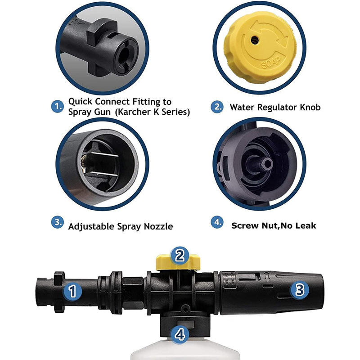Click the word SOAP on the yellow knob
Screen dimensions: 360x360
click(x=271, y=63)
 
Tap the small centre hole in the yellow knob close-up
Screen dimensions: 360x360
click(x=255, y=40)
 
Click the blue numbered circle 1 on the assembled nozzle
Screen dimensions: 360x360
click(x=72, y=291)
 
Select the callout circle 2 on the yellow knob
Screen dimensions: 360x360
click(x=180, y=256)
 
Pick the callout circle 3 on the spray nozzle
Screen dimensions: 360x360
click(x=300, y=290)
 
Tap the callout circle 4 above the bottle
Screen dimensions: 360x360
click(x=180, y=334)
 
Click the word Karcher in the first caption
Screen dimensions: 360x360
click(x=134, y=112)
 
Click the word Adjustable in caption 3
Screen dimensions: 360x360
click(x=91, y=227)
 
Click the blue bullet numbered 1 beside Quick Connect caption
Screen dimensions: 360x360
click(x=58, y=107)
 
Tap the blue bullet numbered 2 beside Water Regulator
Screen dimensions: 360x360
click(x=217, y=107)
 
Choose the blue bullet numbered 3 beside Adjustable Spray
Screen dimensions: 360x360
click(x=58, y=222)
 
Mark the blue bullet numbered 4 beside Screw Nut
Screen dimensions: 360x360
click(x=217, y=222)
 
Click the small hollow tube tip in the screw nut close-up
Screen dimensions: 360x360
click(x=267, y=164)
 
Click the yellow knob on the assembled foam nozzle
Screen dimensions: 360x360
click(x=178, y=262)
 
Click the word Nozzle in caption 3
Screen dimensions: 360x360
click(x=158, y=227)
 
